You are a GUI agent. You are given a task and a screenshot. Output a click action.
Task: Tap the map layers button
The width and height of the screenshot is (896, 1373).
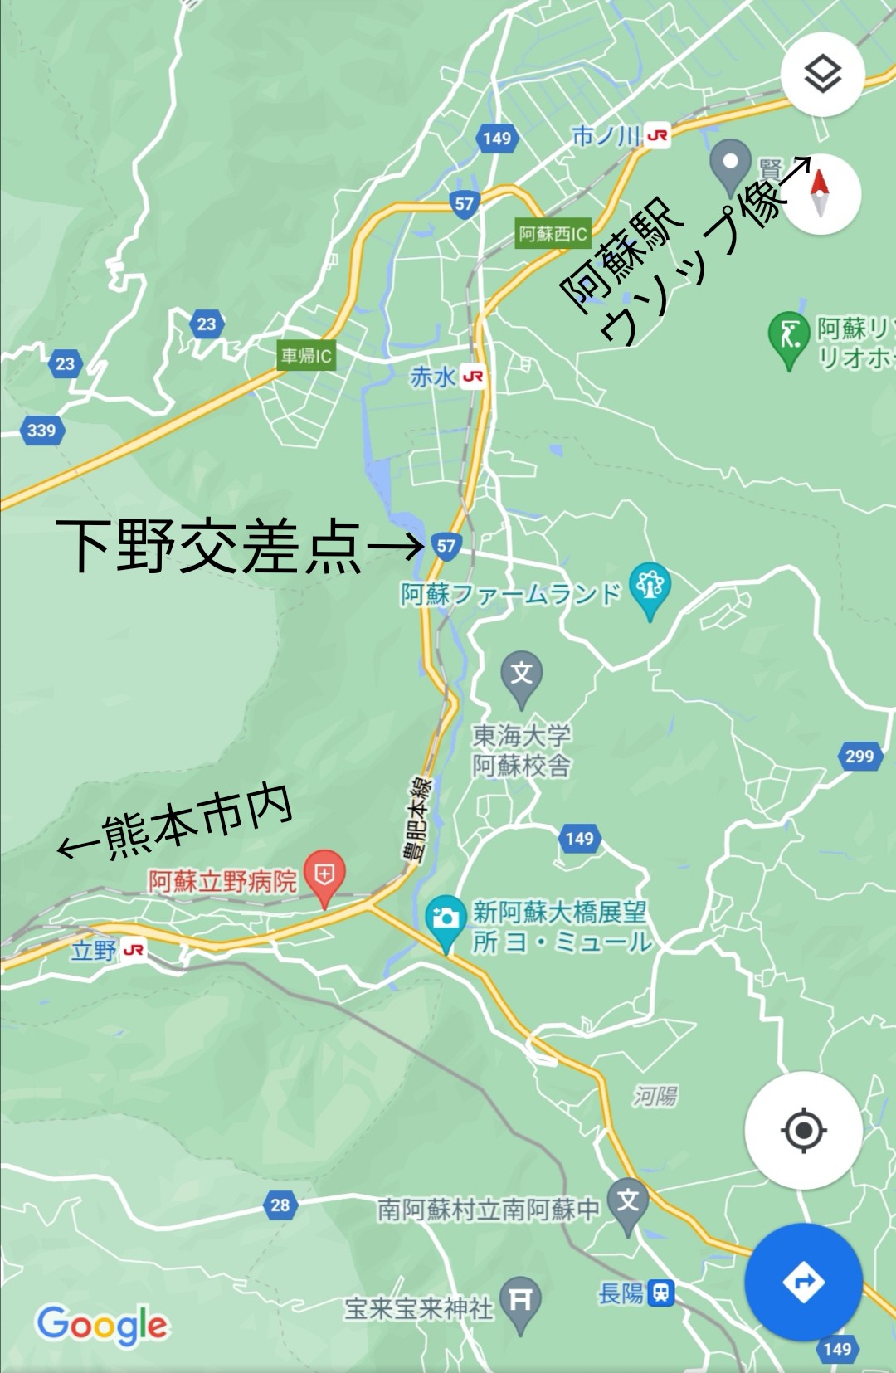point(822,75)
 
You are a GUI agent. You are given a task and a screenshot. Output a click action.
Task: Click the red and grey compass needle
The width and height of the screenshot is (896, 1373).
point(821,193)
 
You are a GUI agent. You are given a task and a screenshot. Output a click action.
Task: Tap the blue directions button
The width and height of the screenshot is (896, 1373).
point(802,1282)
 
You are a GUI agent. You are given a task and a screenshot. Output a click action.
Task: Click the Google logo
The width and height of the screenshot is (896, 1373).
point(102,1324)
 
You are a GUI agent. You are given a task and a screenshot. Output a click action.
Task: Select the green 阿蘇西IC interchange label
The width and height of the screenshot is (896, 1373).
point(553,234)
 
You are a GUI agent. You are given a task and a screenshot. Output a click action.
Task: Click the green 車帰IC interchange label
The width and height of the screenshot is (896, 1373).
point(306,356)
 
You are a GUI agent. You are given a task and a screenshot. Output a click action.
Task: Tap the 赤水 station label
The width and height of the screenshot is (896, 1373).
point(446,377)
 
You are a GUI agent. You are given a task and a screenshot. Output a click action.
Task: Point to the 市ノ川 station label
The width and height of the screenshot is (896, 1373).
point(620,136)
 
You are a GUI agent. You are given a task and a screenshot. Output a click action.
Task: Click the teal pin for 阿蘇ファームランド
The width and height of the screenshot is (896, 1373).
point(650,587)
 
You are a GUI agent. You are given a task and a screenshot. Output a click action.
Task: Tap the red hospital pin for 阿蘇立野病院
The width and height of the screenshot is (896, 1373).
point(324,875)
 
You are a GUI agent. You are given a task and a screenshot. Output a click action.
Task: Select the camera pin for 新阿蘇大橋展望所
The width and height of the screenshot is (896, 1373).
point(446,919)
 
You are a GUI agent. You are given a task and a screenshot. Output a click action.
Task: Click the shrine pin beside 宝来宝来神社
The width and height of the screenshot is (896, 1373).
point(520,1300)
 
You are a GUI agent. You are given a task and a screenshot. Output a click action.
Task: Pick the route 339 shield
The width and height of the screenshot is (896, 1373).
point(41,431)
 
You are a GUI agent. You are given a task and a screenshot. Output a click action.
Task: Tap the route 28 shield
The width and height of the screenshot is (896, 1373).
point(280,1205)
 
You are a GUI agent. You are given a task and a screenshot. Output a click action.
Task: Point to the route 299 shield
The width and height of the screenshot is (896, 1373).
point(859,756)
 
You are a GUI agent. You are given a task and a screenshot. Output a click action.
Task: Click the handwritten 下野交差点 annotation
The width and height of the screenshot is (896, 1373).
point(208,547)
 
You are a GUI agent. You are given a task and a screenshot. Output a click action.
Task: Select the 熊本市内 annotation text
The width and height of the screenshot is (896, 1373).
point(197,822)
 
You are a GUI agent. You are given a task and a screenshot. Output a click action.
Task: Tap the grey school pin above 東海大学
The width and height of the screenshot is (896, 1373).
point(521,674)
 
